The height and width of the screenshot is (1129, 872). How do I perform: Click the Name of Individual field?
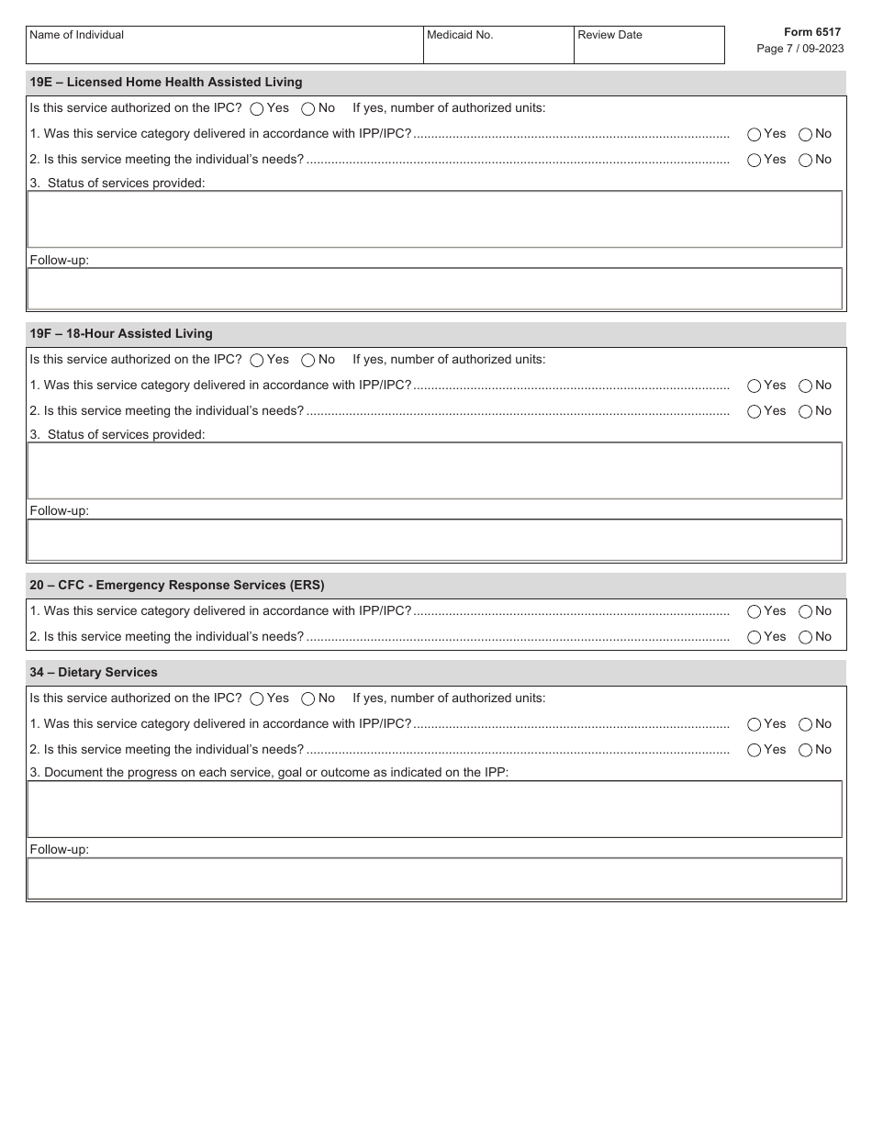click(x=224, y=46)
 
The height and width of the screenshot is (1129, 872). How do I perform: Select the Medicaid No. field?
click(x=498, y=46)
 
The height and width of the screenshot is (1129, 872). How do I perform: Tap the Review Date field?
click(x=649, y=46)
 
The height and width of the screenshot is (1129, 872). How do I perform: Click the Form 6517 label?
click(x=811, y=32)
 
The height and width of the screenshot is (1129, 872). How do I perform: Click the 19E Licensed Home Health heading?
click(x=166, y=83)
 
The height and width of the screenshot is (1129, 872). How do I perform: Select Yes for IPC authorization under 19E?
click(x=257, y=108)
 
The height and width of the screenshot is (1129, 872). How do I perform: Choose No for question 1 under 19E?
click(x=805, y=134)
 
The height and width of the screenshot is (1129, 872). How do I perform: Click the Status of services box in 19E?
click(x=434, y=219)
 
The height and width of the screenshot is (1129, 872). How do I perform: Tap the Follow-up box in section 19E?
click(x=434, y=289)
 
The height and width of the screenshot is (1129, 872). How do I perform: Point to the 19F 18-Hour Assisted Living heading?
click(x=121, y=334)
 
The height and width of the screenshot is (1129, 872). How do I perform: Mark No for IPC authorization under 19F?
click(x=308, y=360)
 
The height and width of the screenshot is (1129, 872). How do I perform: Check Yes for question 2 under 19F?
click(x=755, y=411)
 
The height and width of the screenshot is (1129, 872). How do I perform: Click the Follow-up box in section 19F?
click(x=434, y=541)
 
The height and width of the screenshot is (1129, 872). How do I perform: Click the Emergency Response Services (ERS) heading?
click(x=177, y=586)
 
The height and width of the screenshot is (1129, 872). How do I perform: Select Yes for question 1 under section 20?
click(x=755, y=611)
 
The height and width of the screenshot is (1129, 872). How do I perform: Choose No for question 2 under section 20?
click(x=805, y=637)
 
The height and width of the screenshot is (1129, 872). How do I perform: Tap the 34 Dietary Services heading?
click(x=94, y=673)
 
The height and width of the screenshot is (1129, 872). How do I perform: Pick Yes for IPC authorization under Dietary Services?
click(x=257, y=699)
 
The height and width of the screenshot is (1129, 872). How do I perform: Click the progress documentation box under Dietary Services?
click(x=434, y=810)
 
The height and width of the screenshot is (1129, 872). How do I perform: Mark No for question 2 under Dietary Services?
click(x=805, y=750)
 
